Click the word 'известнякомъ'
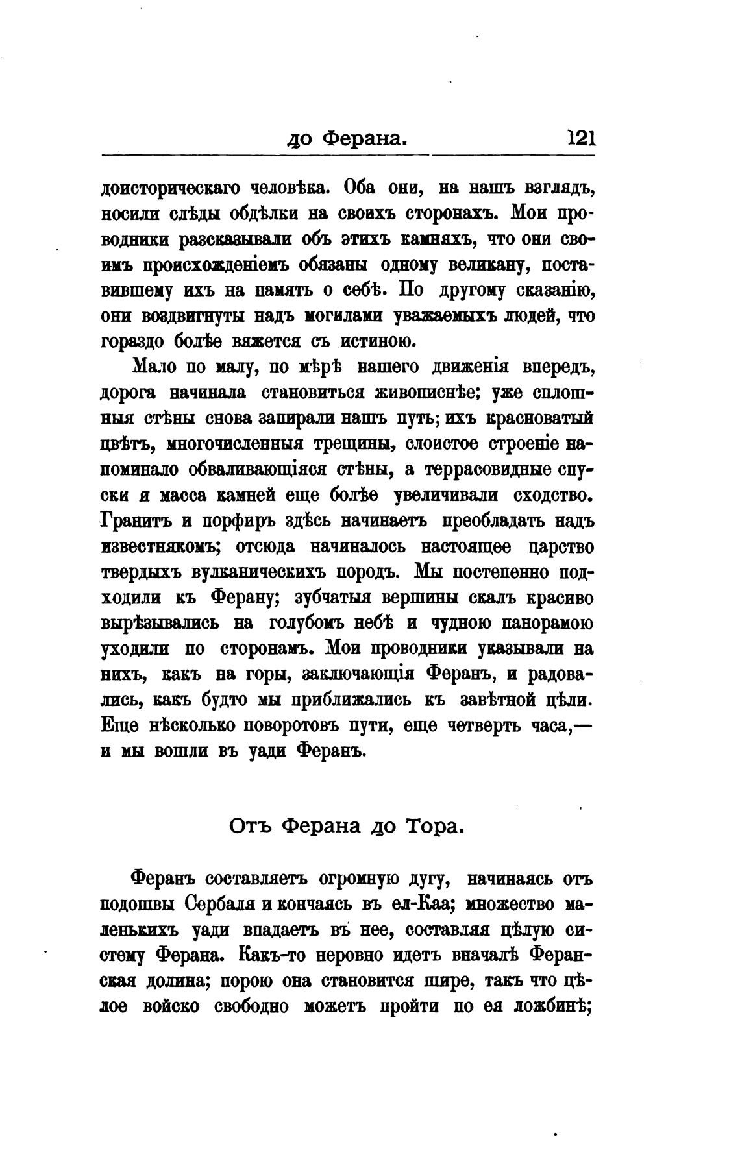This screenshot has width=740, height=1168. (158, 546)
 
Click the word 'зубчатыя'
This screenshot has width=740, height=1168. (340, 598)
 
